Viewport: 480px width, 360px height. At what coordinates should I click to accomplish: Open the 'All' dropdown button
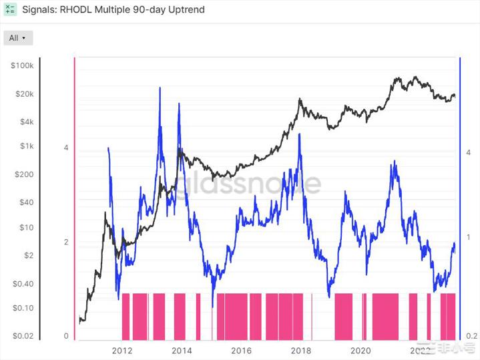click(x=18, y=38)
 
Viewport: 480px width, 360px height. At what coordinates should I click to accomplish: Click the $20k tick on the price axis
click(x=23, y=94)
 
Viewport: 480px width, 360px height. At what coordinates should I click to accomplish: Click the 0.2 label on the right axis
click(x=471, y=336)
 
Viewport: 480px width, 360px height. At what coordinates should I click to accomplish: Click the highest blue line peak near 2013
click(x=160, y=87)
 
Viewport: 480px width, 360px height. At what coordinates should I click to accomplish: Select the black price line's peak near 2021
click(x=415, y=77)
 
